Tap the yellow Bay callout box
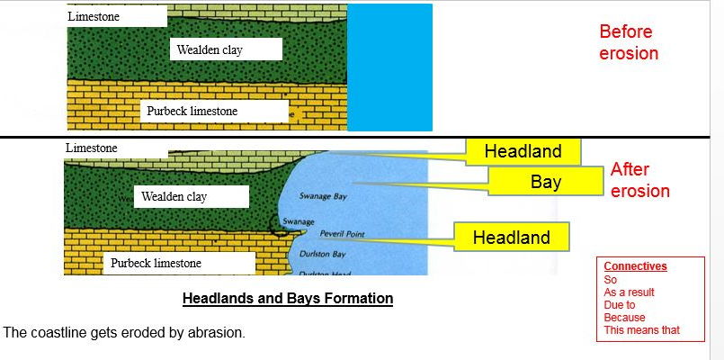click(x=545, y=183)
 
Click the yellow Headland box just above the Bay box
click(x=523, y=151)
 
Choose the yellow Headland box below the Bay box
click(x=511, y=238)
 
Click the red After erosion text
click(x=639, y=180)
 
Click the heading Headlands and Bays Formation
click(x=288, y=298)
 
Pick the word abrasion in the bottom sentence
click(x=215, y=333)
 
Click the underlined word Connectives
click(x=635, y=266)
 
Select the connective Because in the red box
click(x=624, y=317)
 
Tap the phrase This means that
click(x=641, y=330)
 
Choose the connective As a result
click(x=629, y=292)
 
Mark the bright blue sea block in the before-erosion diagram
click(x=389, y=67)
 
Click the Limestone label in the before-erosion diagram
click(x=94, y=16)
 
